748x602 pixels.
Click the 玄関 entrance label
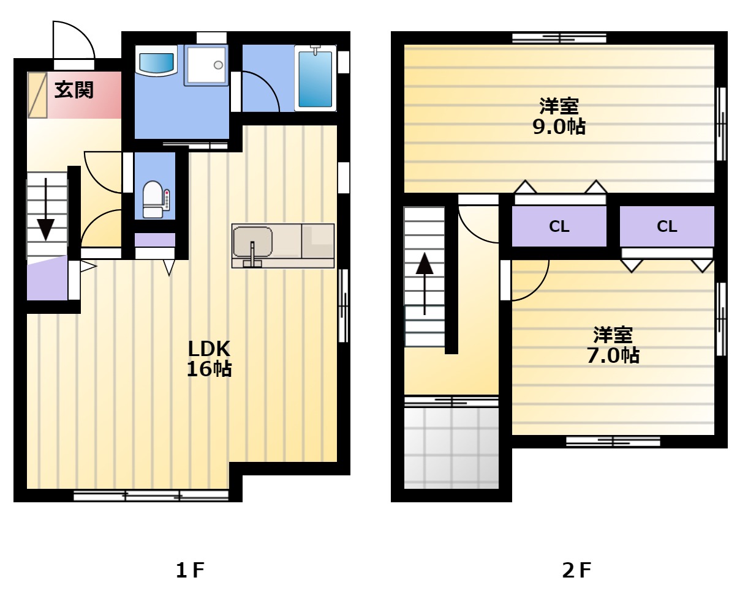74,90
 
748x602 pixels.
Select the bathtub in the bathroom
315,78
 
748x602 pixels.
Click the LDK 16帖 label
210,359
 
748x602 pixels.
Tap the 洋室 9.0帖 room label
559,116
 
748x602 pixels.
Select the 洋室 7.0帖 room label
613,345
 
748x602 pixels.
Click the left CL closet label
559,226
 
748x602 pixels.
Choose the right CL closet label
667,226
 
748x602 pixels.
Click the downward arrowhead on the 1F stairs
45,229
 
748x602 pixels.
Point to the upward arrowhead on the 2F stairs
425,264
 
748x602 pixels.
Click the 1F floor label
190,570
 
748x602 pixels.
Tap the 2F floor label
576,570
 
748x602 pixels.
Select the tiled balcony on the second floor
451,448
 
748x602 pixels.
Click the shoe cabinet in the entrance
37,95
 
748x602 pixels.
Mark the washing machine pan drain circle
218,65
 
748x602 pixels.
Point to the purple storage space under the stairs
47,278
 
